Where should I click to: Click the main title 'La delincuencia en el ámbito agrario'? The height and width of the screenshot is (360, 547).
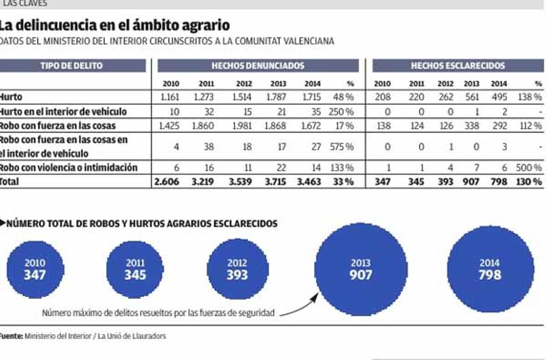pos(114,25)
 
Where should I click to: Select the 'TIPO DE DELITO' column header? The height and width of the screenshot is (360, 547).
pos(72,66)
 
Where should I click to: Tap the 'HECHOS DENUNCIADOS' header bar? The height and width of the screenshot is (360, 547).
pos(258,66)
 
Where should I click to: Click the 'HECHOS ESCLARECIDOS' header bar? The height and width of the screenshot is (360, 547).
pos(458,66)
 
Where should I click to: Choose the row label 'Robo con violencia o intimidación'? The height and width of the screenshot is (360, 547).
pos(68,168)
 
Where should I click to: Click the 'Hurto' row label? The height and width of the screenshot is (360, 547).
pos(11,97)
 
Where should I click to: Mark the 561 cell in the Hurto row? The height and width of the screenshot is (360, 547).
pos(471,97)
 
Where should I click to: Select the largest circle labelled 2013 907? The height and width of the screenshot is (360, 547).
pos(361,269)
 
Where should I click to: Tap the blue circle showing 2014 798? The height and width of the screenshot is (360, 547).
pos(490,269)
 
